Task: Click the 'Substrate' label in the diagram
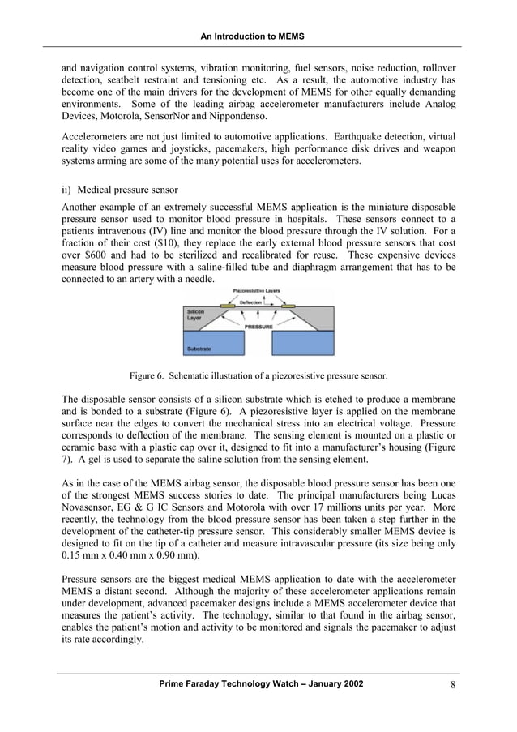199,349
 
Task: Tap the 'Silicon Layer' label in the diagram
196,315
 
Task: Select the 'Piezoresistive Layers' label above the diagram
257,290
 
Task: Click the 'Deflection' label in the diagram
250,302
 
